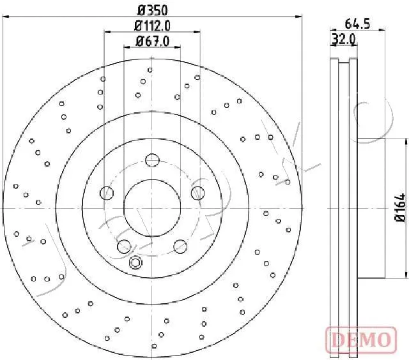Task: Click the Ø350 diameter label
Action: [152, 10]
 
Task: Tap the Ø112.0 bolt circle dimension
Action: [152, 26]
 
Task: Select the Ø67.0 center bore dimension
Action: [152, 41]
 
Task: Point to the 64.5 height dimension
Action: [357, 24]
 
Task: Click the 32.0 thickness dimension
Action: [344, 40]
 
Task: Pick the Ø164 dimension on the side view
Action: [401, 207]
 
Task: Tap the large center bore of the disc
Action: [152, 208]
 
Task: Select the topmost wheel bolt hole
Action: [152, 160]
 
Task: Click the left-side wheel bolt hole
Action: [107, 193]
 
